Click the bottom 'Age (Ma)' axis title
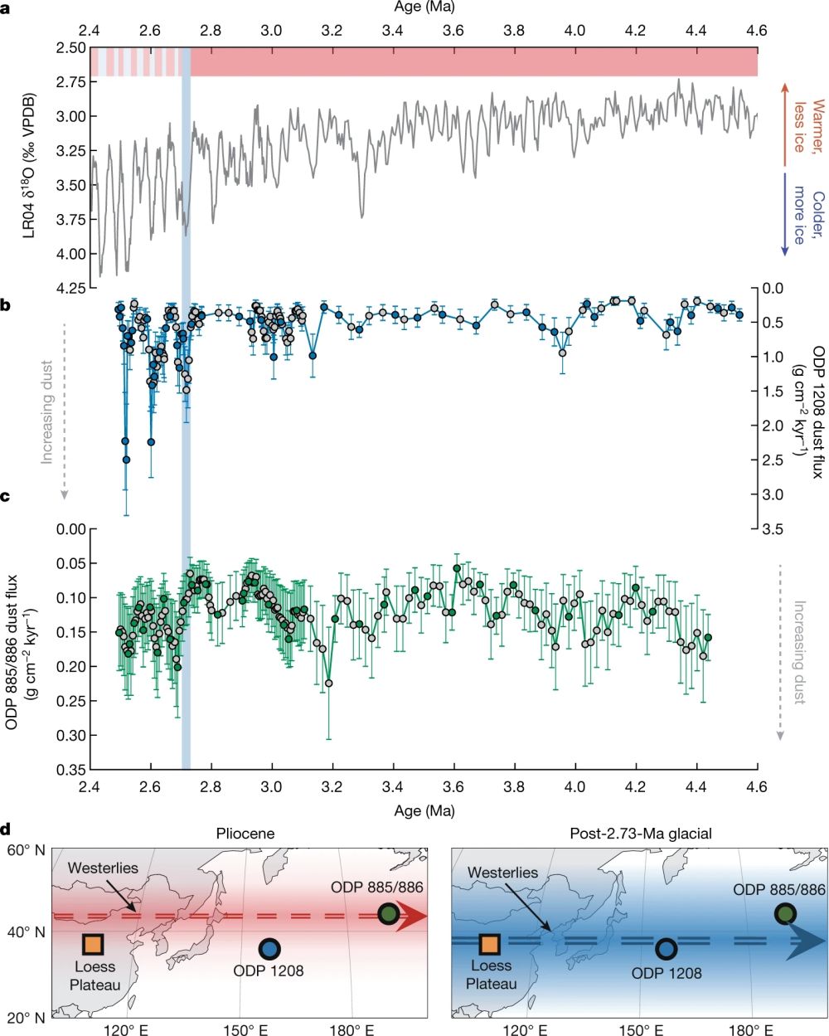pos(423,810)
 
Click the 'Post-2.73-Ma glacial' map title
pos(639,833)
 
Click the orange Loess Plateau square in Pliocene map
pos(93,943)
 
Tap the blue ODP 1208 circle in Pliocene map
pos(270,949)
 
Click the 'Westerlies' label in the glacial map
pos(502,873)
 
